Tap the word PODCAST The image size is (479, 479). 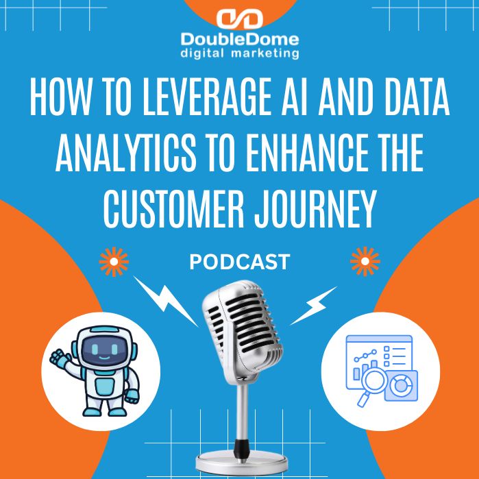tap(239, 262)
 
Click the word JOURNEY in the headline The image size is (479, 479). tap(317, 208)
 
